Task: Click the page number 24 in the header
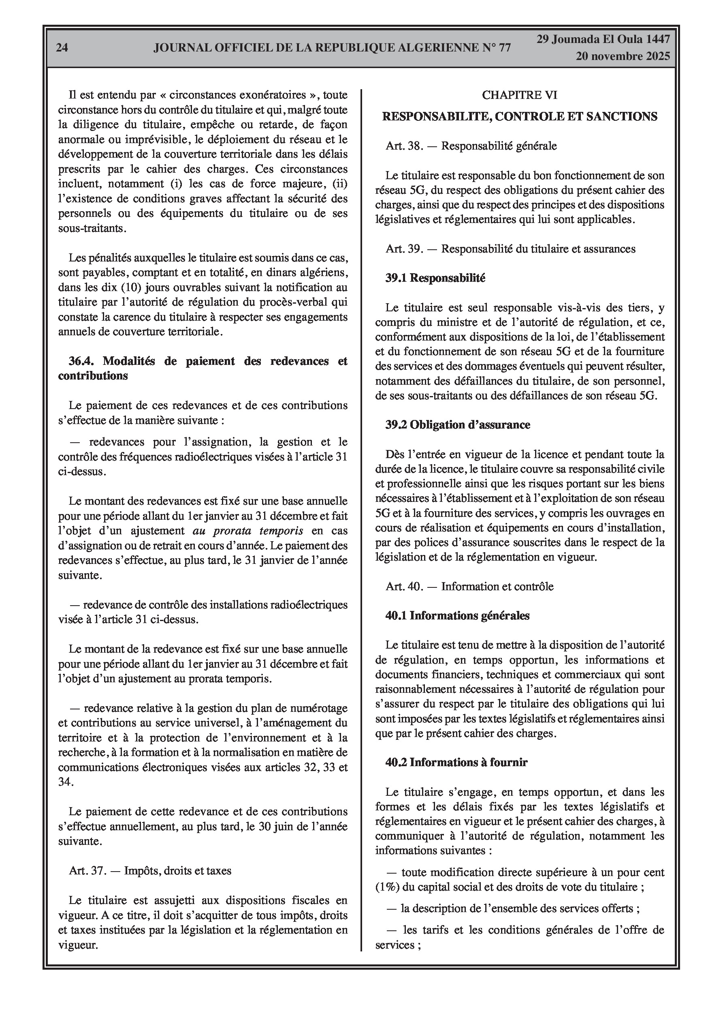pos(62,48)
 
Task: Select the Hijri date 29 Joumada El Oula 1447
pos(603,39)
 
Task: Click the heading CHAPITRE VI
pos(519,95)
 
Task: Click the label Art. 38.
pos(404,146)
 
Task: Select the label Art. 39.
pos(404,249)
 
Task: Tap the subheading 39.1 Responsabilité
pos(435,278)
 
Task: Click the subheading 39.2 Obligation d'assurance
pos(458,424)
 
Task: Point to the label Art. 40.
pos(404,586)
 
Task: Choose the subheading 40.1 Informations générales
pos(457,615)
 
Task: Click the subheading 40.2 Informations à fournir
pos(456,762)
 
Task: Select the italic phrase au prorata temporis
pos(248,531)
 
